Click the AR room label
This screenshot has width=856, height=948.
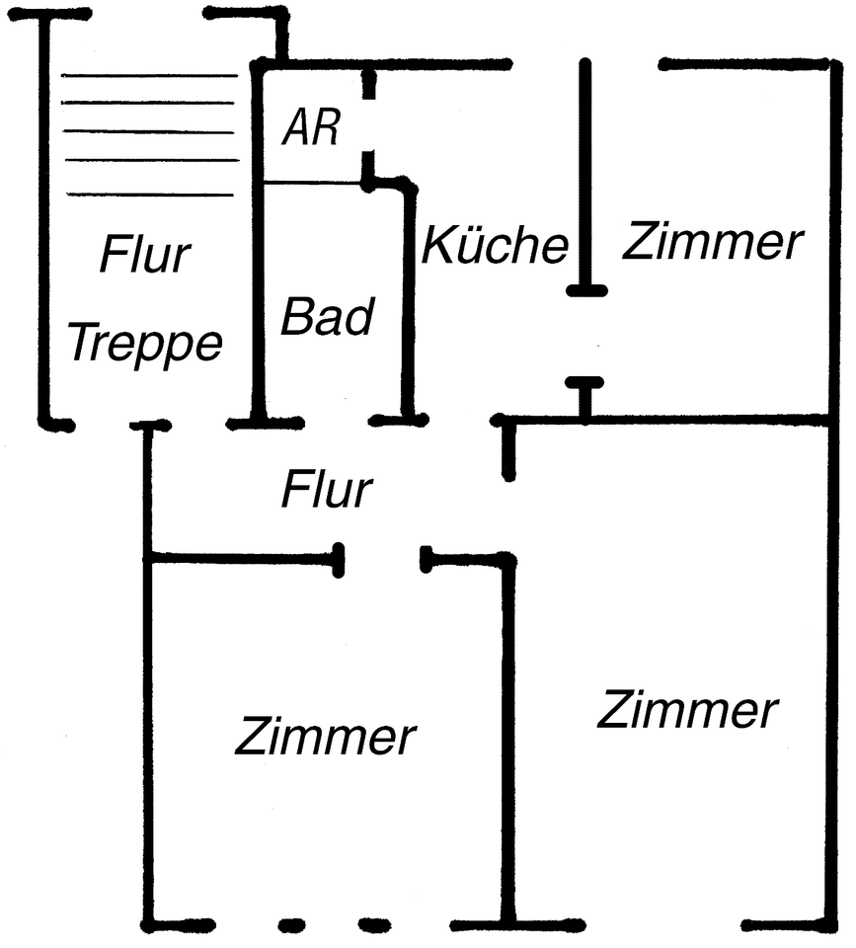[x=311, y=127]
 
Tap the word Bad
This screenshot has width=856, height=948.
[x=327, y=318]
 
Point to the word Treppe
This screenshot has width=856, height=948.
[x=144, y=345]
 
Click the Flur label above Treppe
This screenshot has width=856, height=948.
[x=144, y=255]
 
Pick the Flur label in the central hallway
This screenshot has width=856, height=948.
[x=327, y=489]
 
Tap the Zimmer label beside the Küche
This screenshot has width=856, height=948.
[x=713, y=242]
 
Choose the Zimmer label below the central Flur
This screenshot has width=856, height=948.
[x=326, y=736]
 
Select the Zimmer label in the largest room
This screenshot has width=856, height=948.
[x=688, y=709]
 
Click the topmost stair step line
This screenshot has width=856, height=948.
[x=149, y=75]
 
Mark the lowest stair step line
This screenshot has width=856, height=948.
[x=149, y=194]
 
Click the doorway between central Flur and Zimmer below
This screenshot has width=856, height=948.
[x=382, y=559]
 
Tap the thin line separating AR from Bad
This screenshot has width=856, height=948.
[x=313, y=183]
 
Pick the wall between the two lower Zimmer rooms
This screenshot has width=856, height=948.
[x=508, y=741]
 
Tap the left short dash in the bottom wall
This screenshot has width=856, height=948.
[x=290, y=925]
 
